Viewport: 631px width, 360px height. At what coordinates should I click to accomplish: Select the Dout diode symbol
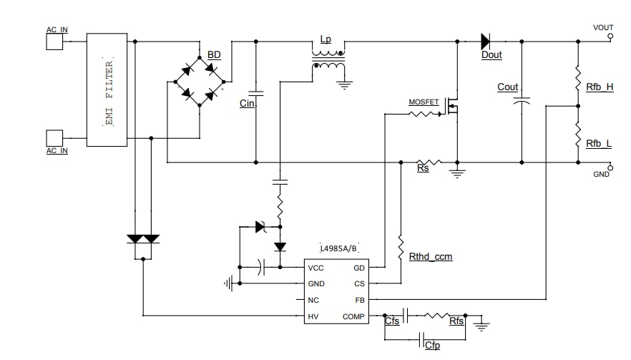point(489,41)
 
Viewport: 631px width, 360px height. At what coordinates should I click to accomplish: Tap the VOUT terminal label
point(603,28)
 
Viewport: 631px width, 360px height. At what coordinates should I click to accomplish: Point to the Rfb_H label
point(600,87)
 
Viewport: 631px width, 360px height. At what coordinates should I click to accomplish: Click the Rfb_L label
point(599,144)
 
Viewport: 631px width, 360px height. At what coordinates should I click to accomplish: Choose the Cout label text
point(507,87)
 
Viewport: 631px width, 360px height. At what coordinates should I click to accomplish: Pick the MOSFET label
point(424,102)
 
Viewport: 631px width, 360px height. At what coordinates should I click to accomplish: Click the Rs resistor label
point(423,169)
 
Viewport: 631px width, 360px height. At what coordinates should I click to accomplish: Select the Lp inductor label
point(326,40)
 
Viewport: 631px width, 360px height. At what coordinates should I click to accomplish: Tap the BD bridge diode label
point(214,55)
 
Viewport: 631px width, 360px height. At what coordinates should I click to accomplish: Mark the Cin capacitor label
point(247,104)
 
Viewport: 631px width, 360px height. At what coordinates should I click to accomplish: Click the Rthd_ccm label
point(430,256)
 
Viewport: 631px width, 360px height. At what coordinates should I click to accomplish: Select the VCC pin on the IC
point(315,268)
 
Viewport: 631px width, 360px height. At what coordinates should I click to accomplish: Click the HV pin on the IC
point(313,316)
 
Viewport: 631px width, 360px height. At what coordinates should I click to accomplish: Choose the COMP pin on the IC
point(355,316)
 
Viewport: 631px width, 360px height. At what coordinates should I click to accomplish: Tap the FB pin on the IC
point(359,300)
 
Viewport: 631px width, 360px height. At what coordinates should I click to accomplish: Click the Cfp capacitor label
point(432,346)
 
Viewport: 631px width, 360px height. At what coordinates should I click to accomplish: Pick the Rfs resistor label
point(456,321)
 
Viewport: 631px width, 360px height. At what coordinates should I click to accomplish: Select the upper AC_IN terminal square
point(55,42)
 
